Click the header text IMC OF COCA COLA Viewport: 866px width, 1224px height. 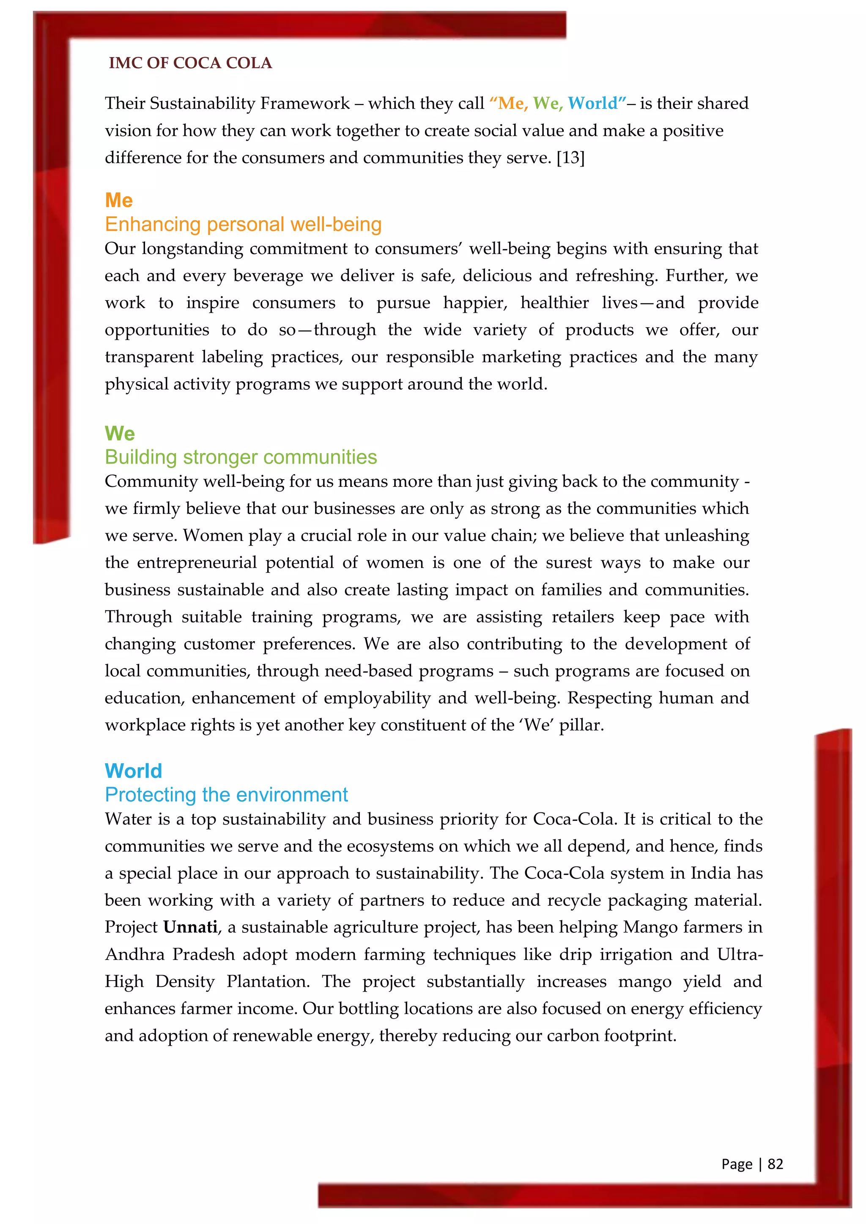pos(190,63)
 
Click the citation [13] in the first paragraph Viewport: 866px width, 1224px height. pos(570,158)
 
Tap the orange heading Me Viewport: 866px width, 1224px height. pos(118,200)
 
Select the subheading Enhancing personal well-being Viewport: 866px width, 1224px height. pos(243,224)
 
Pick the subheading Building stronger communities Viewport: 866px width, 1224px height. pos(241,457)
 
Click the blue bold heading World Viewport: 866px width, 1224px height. pos(133,771)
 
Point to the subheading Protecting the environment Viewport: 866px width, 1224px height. pos(226,795)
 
